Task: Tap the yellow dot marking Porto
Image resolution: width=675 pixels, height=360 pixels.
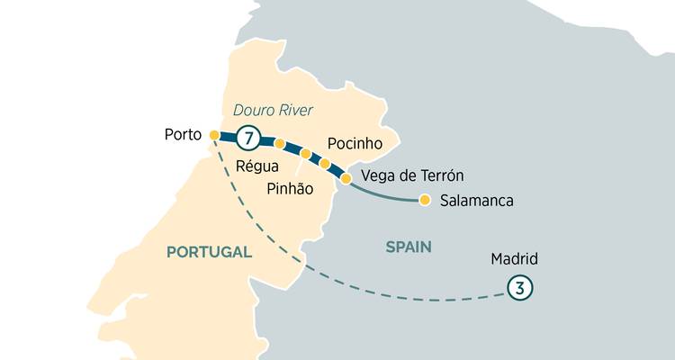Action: click(214, 135)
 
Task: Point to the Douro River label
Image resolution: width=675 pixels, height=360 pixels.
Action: click(273, 111)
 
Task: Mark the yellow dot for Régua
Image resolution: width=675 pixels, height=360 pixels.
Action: click(280, 144)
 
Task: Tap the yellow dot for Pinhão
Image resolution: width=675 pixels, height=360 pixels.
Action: click(306, 154)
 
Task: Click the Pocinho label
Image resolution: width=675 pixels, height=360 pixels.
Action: click(355, 144)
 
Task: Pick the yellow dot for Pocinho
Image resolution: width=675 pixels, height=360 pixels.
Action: click(325, 164)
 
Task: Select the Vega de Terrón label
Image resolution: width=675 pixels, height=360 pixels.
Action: click(411, 175)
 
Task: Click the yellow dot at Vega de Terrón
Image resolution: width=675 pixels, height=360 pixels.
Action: click(346, 178)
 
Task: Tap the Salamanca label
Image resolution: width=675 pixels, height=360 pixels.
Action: click(476, 201)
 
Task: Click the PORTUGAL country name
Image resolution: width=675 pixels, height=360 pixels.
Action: click(209, 253)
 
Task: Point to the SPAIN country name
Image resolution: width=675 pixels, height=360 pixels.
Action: click(409, 247)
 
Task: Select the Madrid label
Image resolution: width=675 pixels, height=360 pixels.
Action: click(514, 259)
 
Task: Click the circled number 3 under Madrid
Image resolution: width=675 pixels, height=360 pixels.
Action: click(518, 288)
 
